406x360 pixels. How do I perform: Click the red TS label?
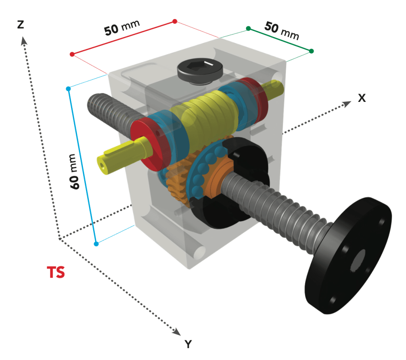(x=56, y=273)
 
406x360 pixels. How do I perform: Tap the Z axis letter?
(x=21, y=25)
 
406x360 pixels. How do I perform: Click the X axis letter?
(x=362, y=98)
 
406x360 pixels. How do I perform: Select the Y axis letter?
(x=188, y=344)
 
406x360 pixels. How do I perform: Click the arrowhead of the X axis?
(x=347, y=103)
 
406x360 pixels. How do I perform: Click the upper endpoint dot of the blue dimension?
(x=68, y=89)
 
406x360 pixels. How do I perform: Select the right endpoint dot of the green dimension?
(x=311, y=51)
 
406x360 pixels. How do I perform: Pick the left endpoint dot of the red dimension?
(x=72, y=54)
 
